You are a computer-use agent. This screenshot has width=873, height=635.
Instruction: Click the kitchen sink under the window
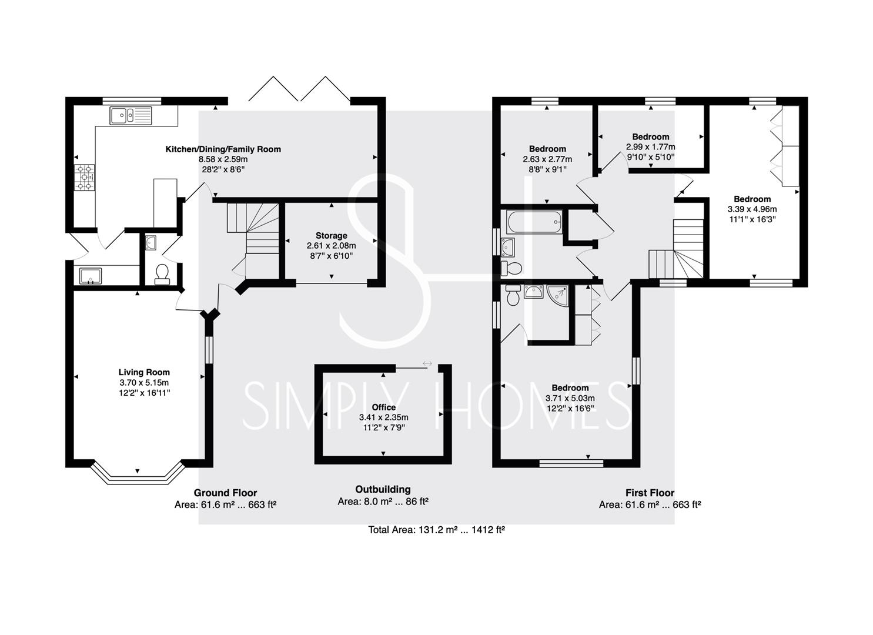click(x=131, y=116)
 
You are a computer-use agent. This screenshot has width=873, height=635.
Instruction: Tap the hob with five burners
click(x=85, y=178)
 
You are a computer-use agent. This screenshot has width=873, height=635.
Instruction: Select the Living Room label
click(x=144, y=372)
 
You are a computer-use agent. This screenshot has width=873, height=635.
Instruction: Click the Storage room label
click(x=332, y=235)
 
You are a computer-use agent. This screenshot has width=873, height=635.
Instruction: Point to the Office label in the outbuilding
click(x=384, y=407)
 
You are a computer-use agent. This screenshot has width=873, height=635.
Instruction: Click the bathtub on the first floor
click(x=534, y=222)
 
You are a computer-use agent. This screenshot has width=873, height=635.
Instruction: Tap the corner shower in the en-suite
click(x=558, y=297)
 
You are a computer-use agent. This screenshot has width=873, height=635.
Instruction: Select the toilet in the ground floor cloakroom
click(x=162, y=275)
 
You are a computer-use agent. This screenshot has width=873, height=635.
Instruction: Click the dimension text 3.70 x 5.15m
click(x=144, y=383)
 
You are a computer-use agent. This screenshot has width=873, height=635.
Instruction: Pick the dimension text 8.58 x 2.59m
click(x=223, y=159)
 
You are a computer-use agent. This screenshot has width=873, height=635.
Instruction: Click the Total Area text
click(x=436, y=530)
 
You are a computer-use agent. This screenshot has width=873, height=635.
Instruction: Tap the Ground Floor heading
click(x=225, y=493)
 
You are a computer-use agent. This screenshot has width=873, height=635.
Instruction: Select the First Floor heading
click(x=650, y=493)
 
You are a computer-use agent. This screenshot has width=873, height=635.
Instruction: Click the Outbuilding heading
click(x=383, y=490)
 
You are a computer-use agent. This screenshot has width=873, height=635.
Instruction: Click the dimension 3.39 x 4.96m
click(x=752, y=209)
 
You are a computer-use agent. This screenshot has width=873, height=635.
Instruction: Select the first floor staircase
click(x=676, y=249)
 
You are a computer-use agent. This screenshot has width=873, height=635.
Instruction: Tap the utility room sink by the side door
click(x=91, y=276)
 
